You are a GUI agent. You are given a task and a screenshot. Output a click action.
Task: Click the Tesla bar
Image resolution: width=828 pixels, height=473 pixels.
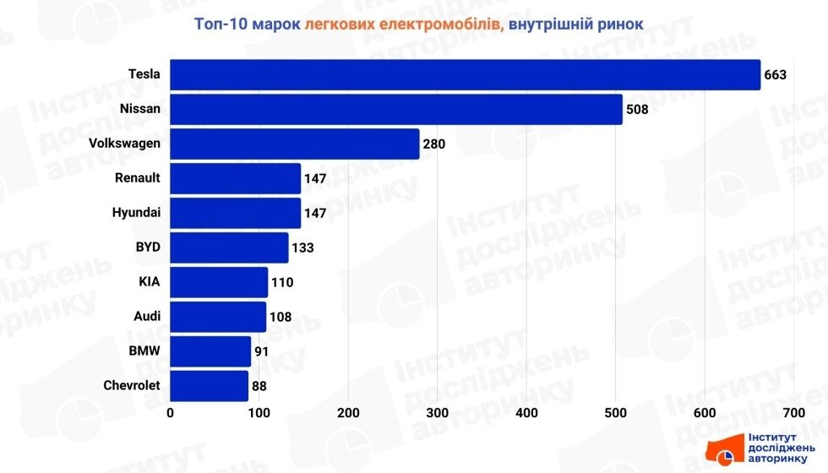click(465, 74)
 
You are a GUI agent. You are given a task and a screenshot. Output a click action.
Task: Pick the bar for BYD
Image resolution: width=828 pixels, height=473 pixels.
click(229, 247)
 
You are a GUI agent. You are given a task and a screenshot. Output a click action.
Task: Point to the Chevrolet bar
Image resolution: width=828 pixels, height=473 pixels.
click(209, 386)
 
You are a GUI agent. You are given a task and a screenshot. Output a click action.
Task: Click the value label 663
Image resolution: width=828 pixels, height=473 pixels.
click(776, 74)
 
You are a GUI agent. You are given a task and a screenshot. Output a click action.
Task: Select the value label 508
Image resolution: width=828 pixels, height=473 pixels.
click(637, 109)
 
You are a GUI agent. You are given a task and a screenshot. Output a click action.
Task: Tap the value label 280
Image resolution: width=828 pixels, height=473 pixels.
click(434, 144)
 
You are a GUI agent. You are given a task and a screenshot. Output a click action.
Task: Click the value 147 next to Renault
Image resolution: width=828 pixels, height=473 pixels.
click(314, 178)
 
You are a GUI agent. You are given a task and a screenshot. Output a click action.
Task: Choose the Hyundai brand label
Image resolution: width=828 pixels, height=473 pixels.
click(136, 213)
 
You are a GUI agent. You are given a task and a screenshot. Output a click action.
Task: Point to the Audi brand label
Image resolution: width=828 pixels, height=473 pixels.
click(146, 317)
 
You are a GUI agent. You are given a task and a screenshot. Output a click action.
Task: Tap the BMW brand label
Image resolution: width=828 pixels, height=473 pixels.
click(144, 351)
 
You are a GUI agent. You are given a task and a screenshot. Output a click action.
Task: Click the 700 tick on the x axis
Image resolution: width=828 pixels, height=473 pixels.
click(793, 413)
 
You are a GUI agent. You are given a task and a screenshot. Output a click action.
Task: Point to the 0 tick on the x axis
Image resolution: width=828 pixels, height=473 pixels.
click(171, 413)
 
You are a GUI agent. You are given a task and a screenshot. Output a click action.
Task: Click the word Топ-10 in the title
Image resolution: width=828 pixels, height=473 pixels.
click(221, 24)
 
